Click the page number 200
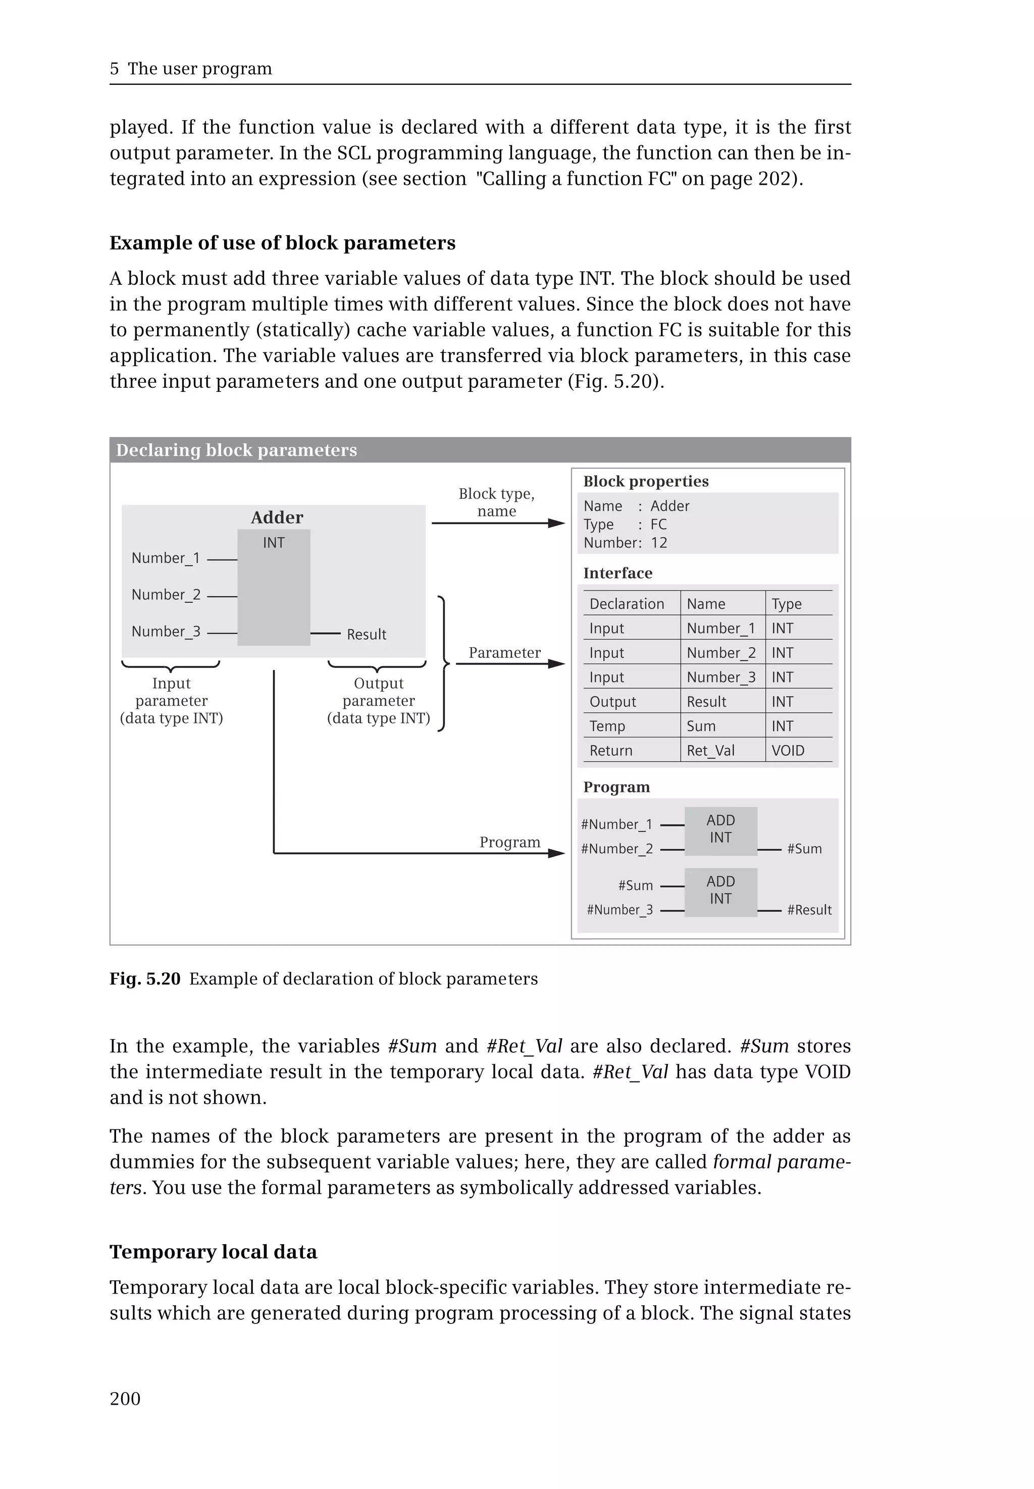coord(125,1399)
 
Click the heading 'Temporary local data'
coord(213,1251)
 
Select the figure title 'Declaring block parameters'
coord(236,450)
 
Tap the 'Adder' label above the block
coord(277,517)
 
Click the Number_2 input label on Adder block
coord(166,595)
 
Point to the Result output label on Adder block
coord(366,634)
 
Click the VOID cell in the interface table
coord(788,750)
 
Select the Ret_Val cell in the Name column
coord(711,750)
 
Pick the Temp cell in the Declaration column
coord(607,727)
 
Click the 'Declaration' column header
coord(627,604)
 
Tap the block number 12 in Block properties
coord(659,543)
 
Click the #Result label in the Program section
coord(809,910)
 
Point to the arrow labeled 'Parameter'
coord(510,663)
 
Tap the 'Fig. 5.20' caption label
coord(145,979)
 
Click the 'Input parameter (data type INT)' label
coord(171,700)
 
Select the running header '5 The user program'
coord(191,69)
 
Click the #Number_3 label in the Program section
coord(619,910)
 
